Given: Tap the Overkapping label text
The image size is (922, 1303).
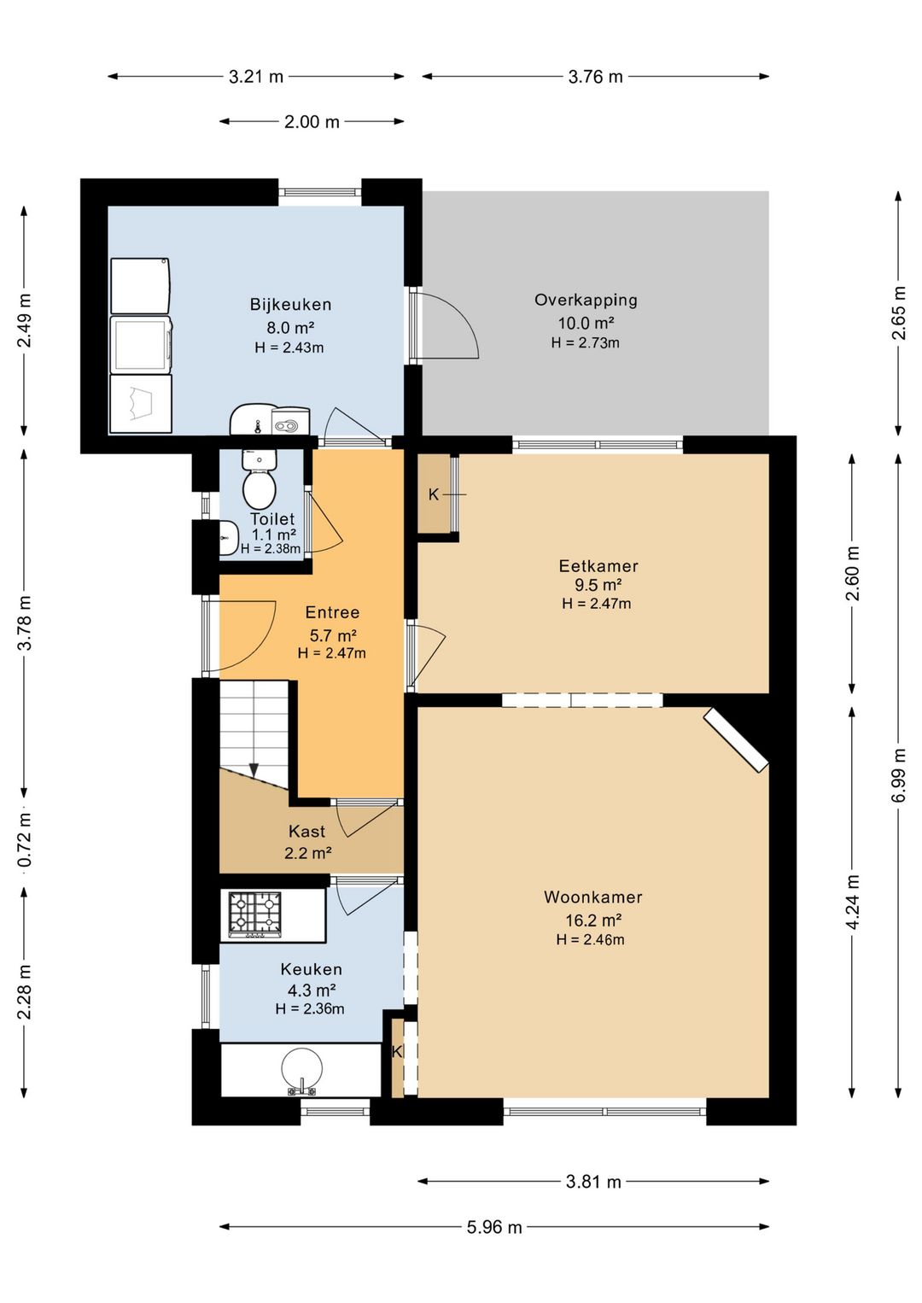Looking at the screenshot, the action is click(586, 301).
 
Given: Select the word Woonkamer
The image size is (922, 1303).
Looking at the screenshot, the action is click(592, 897).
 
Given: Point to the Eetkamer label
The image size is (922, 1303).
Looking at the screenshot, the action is click(598, 565).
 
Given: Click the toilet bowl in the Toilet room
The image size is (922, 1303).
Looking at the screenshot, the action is click(259, 489).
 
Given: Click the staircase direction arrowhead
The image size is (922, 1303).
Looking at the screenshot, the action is click(254, 769).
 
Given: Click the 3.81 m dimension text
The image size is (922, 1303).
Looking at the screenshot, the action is click(593, 1182).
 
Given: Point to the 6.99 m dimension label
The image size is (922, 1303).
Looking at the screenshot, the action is click(899, 774).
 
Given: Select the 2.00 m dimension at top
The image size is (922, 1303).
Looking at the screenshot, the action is click(312, 121).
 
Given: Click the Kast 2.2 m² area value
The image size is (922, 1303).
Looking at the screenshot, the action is click(307, 853).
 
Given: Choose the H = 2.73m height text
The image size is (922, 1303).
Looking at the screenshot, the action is click(585, 342).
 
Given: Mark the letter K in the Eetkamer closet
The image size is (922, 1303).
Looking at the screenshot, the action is click(434, 494).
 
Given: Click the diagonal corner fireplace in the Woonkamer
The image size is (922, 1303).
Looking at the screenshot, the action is click(737, 740).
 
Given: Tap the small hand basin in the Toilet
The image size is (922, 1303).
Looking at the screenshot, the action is click(229, 538).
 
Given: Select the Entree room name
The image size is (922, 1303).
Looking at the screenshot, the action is click(332, 612).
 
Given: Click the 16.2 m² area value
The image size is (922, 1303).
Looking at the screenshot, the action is click(593, 920).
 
